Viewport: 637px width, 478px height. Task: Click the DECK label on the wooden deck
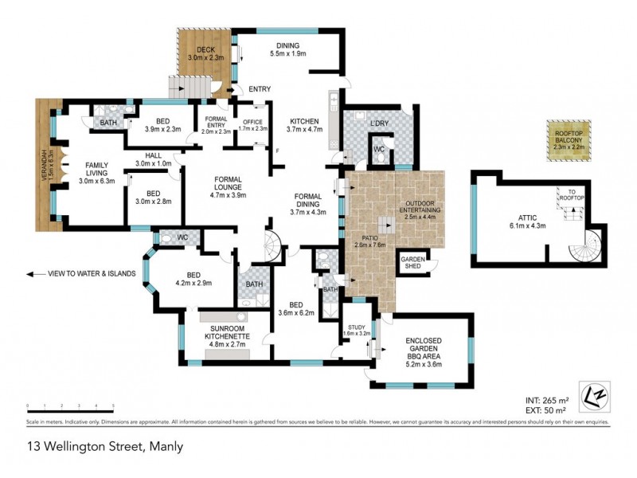pos(194,54)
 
